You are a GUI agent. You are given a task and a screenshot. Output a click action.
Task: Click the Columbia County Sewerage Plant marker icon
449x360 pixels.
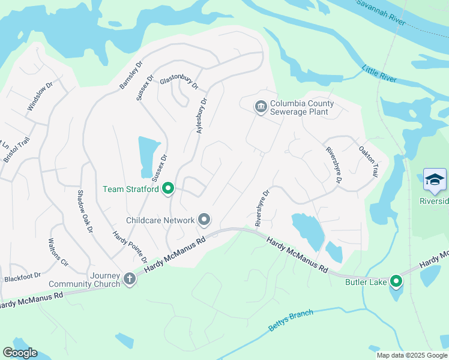pyautogui.click(x=261, y=107)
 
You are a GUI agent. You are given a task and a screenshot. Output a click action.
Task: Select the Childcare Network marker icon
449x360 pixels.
pyautogui.click(x=205, y=220)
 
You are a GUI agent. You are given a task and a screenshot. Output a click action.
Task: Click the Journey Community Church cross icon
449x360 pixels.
pyautogui.click(x=130, y=278)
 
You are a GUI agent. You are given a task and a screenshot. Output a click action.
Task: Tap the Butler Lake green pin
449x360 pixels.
pyautogui.click(x=396, y=281)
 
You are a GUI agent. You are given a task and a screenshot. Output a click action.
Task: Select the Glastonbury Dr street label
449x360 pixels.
pyautogui.click(x=178, y=83)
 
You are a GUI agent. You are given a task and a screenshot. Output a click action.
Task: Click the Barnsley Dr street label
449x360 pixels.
pyautogui.click(x=131, y=74)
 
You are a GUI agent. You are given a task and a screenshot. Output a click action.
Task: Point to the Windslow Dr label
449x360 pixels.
pyautogui.click(x=40, y=96)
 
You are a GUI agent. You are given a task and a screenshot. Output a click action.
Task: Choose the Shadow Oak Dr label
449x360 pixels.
pyautogui.click(x=85, y=211)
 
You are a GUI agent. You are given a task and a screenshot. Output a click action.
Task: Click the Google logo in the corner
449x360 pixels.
pyautogui.click(x=20, y=353)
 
